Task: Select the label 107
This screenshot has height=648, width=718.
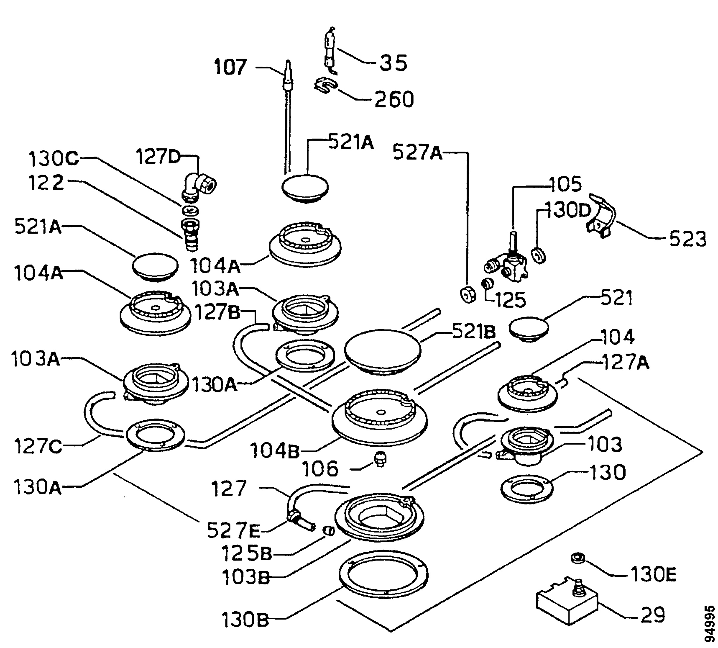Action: pyautogui.click(x=230, y=67)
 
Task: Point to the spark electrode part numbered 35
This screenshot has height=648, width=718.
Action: pyautogui.click(x=331, y=51)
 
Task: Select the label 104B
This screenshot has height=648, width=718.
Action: pyautogui.click(x=275, y=451)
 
